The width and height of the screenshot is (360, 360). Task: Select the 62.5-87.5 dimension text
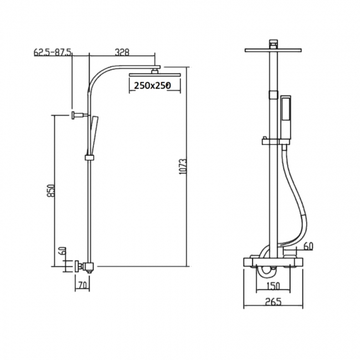[53, 53]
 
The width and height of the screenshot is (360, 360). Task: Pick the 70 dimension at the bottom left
[83, 285]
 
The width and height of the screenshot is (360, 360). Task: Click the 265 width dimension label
[273, 302]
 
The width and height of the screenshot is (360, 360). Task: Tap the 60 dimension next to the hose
[308, 245]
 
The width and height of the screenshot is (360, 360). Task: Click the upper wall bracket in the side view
[78, 115]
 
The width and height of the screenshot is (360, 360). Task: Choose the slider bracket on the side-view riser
[89, 158]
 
